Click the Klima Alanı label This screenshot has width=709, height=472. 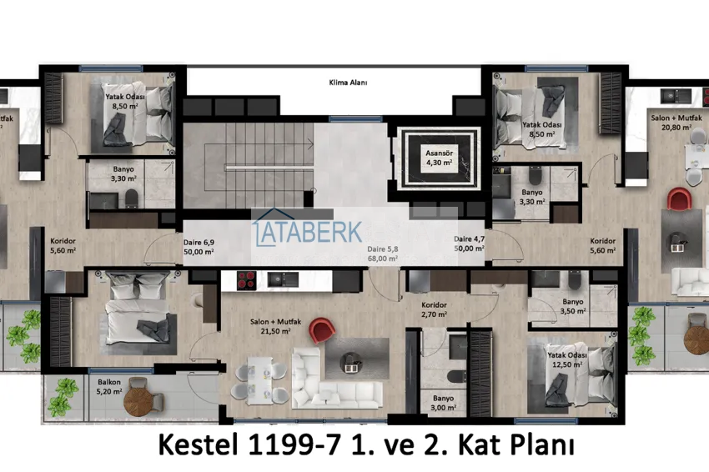click(x=348, y=83)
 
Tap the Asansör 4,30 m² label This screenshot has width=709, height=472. click(x=439, y=158)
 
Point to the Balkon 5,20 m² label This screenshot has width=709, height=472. click(x=109, y=387)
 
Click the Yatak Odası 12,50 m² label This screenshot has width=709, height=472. click(x=567, y=360)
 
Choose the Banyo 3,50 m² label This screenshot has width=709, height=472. click(x=573, y=306)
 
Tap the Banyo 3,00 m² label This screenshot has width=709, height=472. click(x=443, y=403)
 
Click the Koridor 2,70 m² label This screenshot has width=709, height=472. click(x=434, y=309)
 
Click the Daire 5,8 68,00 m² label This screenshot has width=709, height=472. click(x=383, y=254)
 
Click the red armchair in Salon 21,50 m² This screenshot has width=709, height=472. click(x=321, y=329)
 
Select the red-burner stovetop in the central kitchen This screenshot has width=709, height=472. click(x=246, y=280)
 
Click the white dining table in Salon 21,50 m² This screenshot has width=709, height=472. click(x=259, y=380)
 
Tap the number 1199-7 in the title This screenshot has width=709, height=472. click(x=294, y=444)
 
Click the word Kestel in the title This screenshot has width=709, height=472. click(x=198, y=444)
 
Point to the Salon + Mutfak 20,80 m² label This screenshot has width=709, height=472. click(x=676, y=123)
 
